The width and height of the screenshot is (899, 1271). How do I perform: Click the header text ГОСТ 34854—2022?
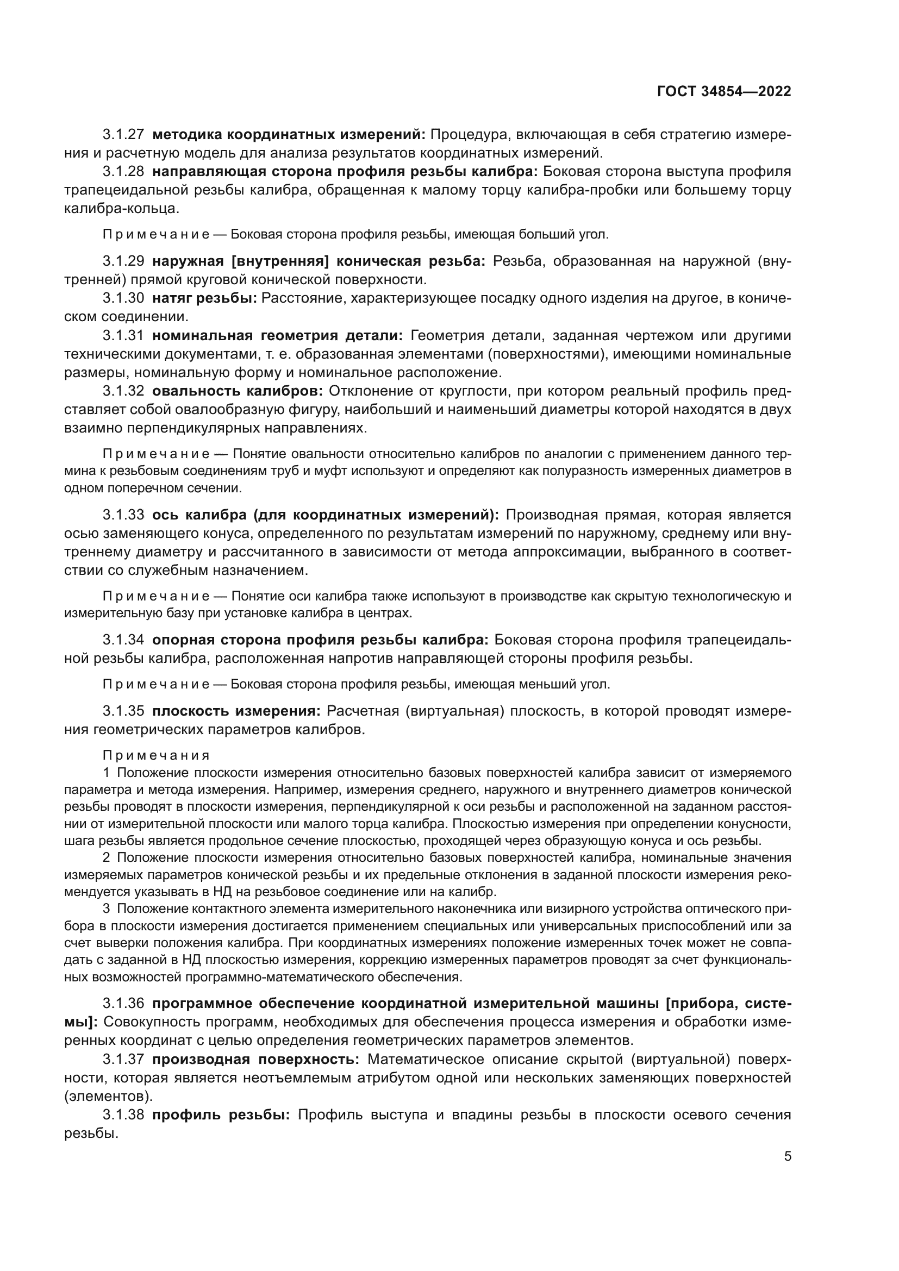[723, 92]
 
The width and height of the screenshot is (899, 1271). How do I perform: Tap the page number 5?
[787, 1156]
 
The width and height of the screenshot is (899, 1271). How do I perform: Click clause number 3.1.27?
[123, 135]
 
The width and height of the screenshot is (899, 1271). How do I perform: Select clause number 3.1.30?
[123, 298]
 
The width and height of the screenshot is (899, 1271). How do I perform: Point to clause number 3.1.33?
[123, 515]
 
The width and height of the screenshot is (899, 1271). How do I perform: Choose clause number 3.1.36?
[123, 1003]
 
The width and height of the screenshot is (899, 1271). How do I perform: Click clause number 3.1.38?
[123, 1115]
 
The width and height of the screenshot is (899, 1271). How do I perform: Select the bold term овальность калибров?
[238, 391]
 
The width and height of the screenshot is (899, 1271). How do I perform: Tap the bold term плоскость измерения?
[236, 711]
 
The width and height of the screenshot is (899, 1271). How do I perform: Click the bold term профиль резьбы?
[221, 1115]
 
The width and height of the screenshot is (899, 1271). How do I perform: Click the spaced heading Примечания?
[156, 756]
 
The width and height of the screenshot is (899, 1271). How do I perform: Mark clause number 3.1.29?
[123, 261]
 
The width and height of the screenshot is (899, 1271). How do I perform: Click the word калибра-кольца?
[121, 209]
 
